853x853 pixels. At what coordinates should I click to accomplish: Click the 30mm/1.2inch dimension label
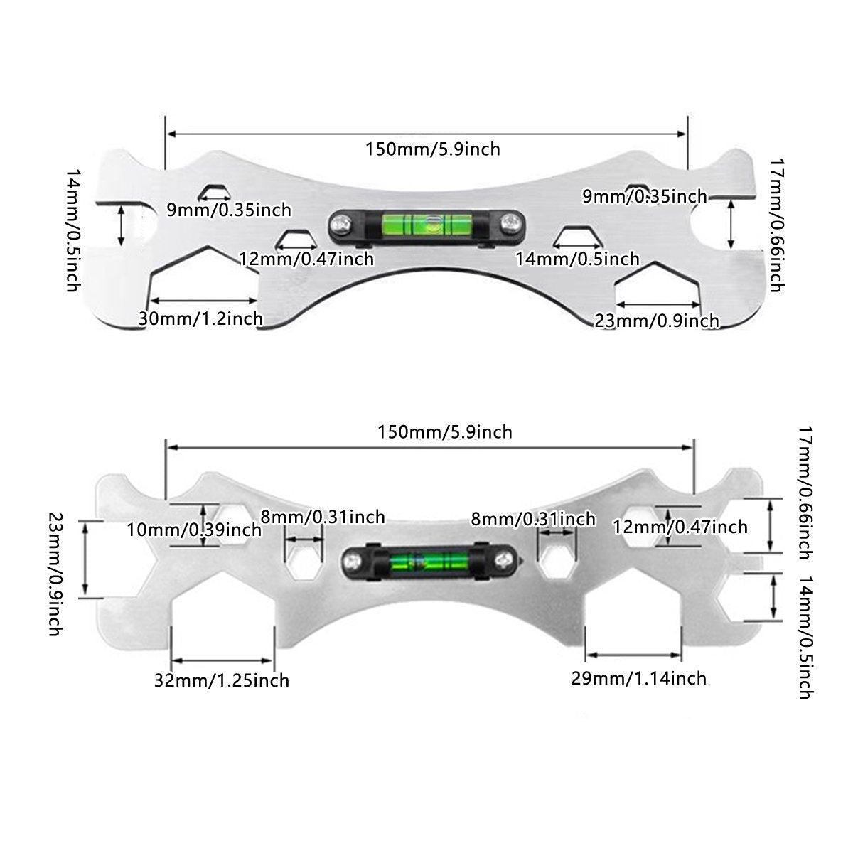[200, 318]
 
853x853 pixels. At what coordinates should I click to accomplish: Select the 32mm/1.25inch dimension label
[222, 680]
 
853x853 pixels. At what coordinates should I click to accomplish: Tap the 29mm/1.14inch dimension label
[638, 678]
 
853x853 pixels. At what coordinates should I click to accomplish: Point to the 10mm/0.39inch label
[194, 529]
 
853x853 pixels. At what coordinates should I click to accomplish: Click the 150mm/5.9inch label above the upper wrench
[433, 149]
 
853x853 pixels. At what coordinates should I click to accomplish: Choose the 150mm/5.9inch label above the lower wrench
[444, 432]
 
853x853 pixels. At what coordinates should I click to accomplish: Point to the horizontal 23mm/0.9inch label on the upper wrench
[657, 321]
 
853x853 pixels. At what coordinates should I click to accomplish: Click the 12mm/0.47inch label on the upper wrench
[306, 259]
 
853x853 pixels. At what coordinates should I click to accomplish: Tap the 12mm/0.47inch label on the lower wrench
[680, 527]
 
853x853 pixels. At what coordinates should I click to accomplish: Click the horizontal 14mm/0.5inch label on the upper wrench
[577, 259]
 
